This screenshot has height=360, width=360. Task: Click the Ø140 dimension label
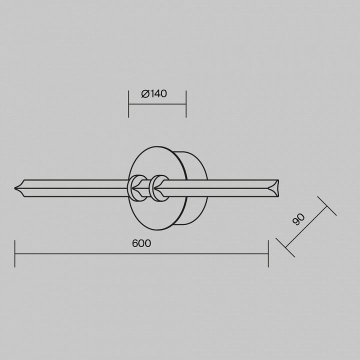(x=154, y=93)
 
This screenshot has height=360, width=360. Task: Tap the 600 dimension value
(x=141, y=243)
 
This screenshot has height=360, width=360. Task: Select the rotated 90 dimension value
(x=298, y=219)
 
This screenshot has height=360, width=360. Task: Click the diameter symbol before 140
(x=145, y=93)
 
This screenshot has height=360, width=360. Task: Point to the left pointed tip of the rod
(x=15, y=188)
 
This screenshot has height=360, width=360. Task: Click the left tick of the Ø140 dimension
(x=128, y=104)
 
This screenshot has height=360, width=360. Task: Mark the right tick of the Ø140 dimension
(x=186, y=104)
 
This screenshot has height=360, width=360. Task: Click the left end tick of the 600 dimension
(x=15, y=253)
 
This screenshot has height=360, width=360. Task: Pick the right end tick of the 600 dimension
(x=268, y=253)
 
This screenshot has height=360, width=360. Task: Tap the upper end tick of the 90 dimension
(x=327, y=206)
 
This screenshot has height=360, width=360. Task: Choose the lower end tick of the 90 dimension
(x=285, y=247)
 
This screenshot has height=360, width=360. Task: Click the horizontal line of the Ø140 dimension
(x=157, y=104)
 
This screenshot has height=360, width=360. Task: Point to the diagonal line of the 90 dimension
(x=306, y=227)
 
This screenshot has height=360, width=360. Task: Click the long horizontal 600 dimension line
(x=141, y=253)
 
